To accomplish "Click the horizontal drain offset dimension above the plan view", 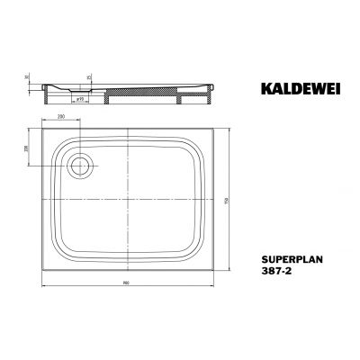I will coord(61,117).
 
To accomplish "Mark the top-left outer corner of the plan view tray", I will coord(43,127).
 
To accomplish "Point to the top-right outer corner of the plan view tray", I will coord(219,127).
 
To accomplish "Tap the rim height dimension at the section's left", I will coord(29,79).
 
